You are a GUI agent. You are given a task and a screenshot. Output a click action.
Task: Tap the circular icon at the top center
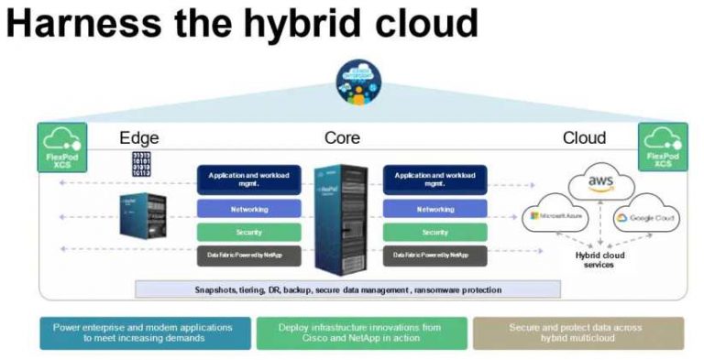pyautogui.click(x=356, y=80)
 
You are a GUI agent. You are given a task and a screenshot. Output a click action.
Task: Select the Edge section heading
pyautogui.click(x=139, y=138)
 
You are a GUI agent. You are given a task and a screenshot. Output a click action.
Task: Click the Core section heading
pyautogui.click(x=342, y=138)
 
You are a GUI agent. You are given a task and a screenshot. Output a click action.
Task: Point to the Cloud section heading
pyautogui.click(x=584, y=138)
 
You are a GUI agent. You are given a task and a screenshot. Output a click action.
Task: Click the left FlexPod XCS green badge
pyautogui.click(x=61, y=147)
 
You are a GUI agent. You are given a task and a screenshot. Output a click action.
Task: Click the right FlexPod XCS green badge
pyautogui.click(x=662, y=147)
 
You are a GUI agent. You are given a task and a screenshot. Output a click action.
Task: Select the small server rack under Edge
pyautogui.click(x=143, y=215)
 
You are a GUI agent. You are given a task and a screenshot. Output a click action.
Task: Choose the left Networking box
pyautogui.click(x=249, y=209)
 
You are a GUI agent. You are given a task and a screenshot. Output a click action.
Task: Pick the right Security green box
pyautogui.click(x=434, y=232)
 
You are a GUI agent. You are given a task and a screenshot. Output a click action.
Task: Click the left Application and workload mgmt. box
pyautogui.click(x=249, y=179)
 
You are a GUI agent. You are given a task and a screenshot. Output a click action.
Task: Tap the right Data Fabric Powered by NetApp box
pyautogui.click(x=434, y=255)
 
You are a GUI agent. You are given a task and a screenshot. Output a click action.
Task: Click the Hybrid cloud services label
pyautogui.click(x=600, y=260)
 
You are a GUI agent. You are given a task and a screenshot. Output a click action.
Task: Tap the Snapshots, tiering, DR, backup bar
pyautogui.click(x=347, y=289)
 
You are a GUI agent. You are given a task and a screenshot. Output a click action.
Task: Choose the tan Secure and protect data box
pyautogui.click(x=577, y=333)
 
